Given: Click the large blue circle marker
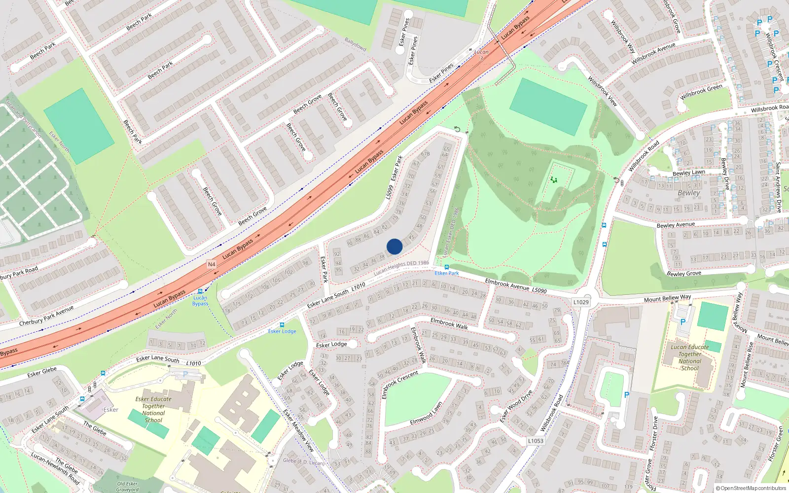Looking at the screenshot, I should pos(394,246).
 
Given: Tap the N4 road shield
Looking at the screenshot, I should pos(212,264).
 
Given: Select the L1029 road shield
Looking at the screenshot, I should pos(581,302).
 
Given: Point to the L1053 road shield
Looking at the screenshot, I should pos(536,441).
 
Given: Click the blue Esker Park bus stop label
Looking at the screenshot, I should pos(447,273).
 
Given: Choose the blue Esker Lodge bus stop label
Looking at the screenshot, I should pos(282,331).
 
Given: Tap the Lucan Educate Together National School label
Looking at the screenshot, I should pos(689,357).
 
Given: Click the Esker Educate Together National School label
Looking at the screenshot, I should pos(153,410).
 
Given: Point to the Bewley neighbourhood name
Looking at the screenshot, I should pos(688,193).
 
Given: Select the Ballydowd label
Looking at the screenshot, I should pos(355,44).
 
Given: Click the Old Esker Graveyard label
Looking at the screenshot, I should pos(127,487).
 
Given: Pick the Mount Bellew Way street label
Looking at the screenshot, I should pos(667,298).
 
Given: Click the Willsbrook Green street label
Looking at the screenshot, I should pos(701,92).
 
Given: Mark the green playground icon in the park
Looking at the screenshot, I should pos(554,180).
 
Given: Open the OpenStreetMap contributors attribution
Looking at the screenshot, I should pos(753,488).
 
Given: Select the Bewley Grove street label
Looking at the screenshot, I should pos(683,273).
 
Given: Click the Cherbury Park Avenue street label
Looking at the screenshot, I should pos(46,316).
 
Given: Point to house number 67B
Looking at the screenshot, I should pos(425,154).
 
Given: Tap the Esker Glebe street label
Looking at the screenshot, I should pos(42,371).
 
